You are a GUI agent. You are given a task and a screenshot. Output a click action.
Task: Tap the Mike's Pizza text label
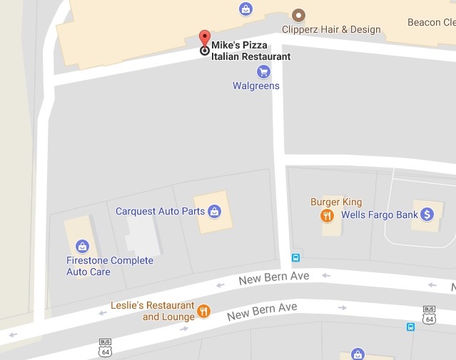[x=239, y=46]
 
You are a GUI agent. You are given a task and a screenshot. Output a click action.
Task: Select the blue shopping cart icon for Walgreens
[x=263, y=72]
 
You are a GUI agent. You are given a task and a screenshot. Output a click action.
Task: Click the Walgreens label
[x=256, y=86]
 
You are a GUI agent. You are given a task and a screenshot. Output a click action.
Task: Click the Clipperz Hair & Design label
[x=332, y=30]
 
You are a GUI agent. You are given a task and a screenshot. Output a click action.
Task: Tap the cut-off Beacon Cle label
[x=431, y=23]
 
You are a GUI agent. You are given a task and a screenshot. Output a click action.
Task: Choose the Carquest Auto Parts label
[x=161, y=211]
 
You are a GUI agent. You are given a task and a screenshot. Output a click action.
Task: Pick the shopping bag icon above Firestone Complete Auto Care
[x=82, y=247]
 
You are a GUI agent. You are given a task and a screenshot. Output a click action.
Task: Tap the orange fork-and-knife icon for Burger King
[x=327, y=215]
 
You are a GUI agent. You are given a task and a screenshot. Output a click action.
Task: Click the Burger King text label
[x=335, y=202]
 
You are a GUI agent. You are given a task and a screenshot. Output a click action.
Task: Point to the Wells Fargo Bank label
[x=379, y=215]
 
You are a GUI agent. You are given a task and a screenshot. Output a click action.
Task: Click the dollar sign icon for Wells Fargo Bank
[x=427, y=214]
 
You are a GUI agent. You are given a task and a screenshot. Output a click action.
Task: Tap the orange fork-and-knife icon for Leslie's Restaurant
[x=204, y=311]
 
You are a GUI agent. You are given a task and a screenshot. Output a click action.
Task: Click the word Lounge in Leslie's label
[x=178, y=317]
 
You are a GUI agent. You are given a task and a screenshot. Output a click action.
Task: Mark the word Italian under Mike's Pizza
[x=228, y=57]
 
